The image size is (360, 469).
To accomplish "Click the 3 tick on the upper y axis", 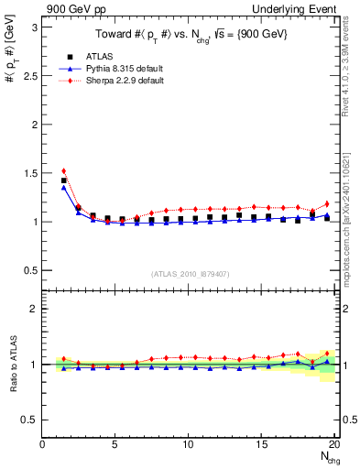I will coord(35,27).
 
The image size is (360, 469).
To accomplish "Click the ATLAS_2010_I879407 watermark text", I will coord(189,272).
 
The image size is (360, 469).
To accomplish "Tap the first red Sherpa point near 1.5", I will coord(63,170).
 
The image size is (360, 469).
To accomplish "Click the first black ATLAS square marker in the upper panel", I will coord(63,180).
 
